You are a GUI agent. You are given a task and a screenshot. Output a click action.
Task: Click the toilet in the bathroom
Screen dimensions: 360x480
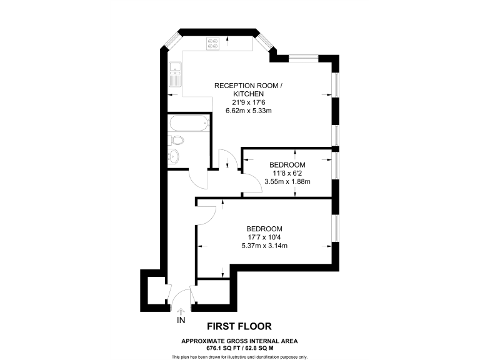(176, 139)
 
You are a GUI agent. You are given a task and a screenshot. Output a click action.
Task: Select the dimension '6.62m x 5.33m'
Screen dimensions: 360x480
(252, 111)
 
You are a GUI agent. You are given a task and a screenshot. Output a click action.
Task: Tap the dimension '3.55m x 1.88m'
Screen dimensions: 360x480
(287, 181)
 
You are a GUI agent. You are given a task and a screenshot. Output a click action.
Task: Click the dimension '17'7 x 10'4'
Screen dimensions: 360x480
(264, 237)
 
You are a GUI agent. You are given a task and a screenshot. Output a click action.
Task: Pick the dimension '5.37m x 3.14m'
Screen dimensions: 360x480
(264, 246)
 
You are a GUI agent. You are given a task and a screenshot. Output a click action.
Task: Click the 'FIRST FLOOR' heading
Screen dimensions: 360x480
(239, 326)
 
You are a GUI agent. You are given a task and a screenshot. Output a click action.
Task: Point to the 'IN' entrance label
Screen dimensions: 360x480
(181, 321)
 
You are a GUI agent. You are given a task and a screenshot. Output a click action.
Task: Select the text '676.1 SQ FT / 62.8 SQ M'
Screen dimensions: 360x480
(239, 347)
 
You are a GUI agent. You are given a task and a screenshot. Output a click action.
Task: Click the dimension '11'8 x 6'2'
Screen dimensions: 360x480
(287, 173)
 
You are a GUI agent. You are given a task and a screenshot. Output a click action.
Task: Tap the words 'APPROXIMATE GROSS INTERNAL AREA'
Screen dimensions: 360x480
(239, 341)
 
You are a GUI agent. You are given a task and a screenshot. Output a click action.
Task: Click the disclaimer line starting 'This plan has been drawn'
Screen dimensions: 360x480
(239, 356)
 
